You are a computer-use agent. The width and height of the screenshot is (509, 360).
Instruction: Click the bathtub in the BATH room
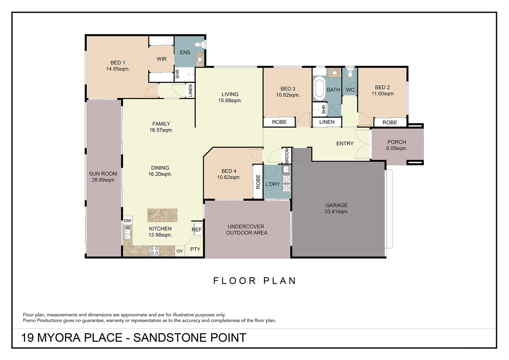(319, 88)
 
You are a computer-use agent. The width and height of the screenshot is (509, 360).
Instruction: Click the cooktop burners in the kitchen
(154, 251)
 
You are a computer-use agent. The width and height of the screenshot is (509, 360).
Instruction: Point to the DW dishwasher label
(128, 221)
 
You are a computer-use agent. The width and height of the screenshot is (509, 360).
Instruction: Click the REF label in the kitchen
(197, 230)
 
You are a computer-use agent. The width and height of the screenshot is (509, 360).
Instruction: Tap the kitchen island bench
(162, 215)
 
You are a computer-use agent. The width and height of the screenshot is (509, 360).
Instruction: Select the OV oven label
(180, 251)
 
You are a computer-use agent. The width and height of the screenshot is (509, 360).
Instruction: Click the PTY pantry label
(195, 249)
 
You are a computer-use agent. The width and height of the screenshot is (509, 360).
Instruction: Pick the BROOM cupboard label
(287, 156)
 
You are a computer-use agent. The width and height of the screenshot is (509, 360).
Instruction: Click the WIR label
(162, 59)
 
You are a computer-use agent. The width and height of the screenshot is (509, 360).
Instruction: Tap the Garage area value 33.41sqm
(336, 212)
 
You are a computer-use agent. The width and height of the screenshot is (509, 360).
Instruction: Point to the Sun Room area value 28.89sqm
(103, 180)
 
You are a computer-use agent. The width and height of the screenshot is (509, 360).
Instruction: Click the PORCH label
(397, 142)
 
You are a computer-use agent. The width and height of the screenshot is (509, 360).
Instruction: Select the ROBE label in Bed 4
(258, 182)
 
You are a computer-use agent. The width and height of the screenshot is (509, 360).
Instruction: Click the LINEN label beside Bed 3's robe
(327, 122)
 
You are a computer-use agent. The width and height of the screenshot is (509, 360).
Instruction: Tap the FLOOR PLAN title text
(255, 281)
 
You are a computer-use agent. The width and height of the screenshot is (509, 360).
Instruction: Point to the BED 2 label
(382, 87)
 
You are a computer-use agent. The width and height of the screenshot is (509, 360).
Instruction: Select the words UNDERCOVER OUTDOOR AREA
(246, 230)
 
